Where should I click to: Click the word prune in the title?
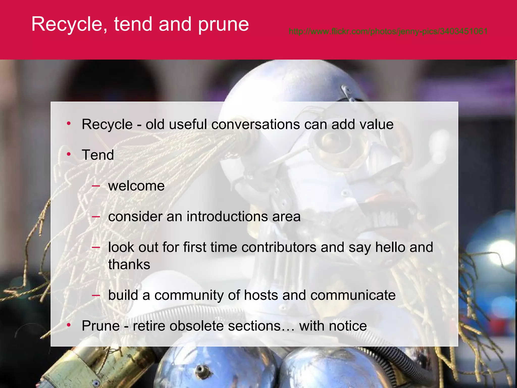223,25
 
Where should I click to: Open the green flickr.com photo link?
388,31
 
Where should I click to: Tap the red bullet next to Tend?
69,154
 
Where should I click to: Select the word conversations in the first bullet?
255,124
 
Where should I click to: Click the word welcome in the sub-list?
136,186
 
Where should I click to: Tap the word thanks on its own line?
129,264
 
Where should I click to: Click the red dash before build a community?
96,295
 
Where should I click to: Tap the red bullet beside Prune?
69,325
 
